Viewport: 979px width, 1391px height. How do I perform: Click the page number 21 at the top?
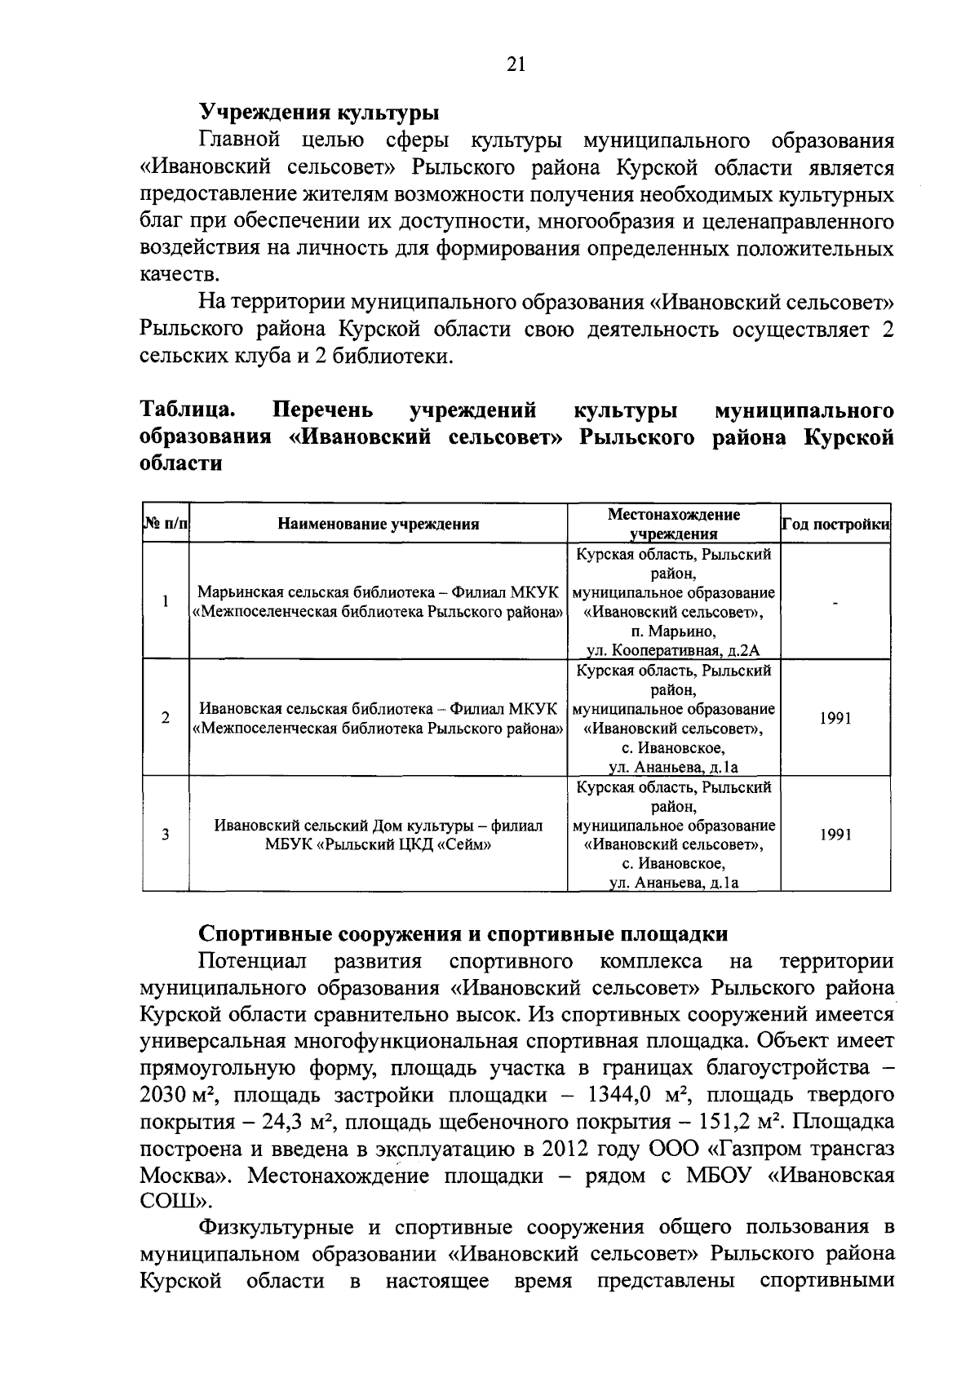pyautogui.click(x=516, y=65)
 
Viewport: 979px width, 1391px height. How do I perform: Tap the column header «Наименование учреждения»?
pyautogui.click(x=378, y=524)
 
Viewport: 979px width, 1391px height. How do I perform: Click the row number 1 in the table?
pyautogui.click(x=166, y=602)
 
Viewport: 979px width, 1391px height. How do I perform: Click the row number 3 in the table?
pyautogui.click(x=166, y=835)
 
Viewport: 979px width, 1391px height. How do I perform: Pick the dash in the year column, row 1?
pyautogui.click(x=835, y=603)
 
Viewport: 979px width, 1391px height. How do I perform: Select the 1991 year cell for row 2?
pyautogui.click(x=835, y=719)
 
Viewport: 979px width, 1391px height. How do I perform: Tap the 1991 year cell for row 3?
pyautogui.click(x=835, y=835)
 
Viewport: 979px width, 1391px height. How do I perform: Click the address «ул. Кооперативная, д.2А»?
pyautogui.click(x=673, y=650)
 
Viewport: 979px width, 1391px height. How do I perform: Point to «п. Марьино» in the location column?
pyautogui.click(x=673, y=631)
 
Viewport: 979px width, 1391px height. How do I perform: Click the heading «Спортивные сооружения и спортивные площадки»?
pyautogui.click(x=463, y=933)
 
